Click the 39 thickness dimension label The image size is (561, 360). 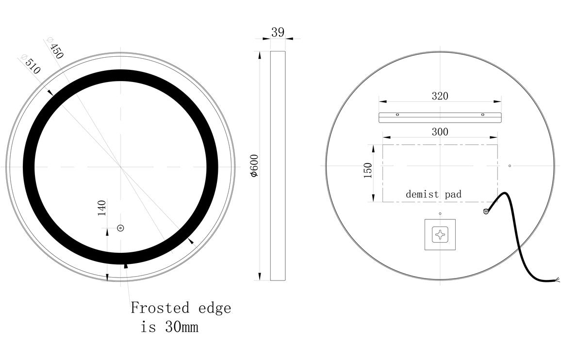[x=278, y=33]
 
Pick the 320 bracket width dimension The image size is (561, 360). [x=440, y=96]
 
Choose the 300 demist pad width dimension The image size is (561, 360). [x=440, y=131]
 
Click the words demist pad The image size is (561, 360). [x=433, y=195]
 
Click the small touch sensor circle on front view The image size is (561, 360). [x=120, y=228]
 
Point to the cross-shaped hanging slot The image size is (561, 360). [x=441, y=234]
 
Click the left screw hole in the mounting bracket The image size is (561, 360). [x=397, y=115]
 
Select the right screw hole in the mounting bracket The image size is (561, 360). [x=482, y=115]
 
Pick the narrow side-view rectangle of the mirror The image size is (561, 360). [x=278, y=165]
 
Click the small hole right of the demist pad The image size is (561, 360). [x=510, y=166]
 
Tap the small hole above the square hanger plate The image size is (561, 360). [x=440, y=213]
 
